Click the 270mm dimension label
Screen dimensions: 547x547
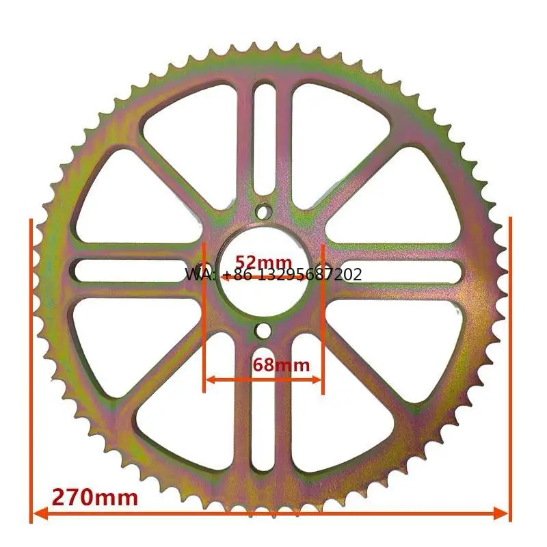[x=94, y=496]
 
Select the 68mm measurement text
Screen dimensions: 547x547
[x=281, y=364]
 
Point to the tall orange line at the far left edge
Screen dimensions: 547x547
[x=31, y=369]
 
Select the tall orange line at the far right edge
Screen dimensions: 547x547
[x=510, y=369]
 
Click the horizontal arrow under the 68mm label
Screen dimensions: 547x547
[x=263, y=378]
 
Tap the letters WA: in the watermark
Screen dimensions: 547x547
[x=198, y=275]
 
